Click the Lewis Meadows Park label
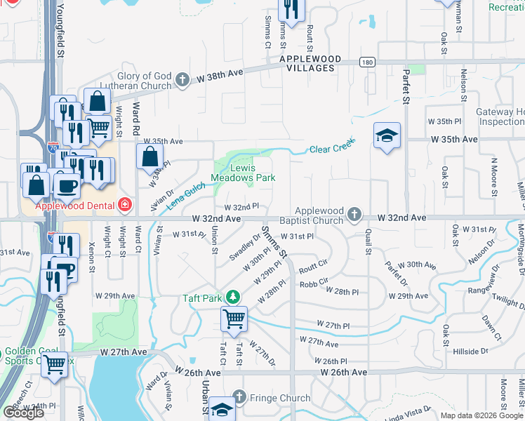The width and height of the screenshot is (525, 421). click(x=244, y=173)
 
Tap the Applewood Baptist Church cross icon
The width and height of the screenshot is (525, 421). click(x=355, y=214)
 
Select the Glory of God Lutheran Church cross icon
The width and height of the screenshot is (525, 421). click(x=183, y=80)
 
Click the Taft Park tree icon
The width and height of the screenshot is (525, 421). click(x=237, y=298)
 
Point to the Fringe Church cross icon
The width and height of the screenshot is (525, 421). click(x=239, y=398)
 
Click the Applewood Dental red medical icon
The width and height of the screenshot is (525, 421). click(x=125, y=204)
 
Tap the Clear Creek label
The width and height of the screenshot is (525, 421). click(x=329, y=149)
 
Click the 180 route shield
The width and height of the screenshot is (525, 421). click(x=368, y=62)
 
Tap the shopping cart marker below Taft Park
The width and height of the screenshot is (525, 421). click(x=234, y=320)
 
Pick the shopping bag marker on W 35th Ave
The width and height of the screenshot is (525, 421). click(x=150, y=157)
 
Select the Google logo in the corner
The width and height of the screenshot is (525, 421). click(x=23, y=413)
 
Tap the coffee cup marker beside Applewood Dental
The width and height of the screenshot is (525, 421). click(x=67, y=185)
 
